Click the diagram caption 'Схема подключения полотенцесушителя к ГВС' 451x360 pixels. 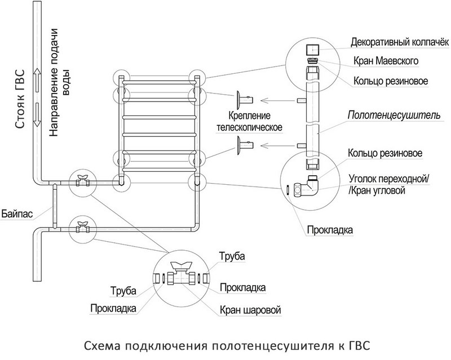(229, 344)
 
